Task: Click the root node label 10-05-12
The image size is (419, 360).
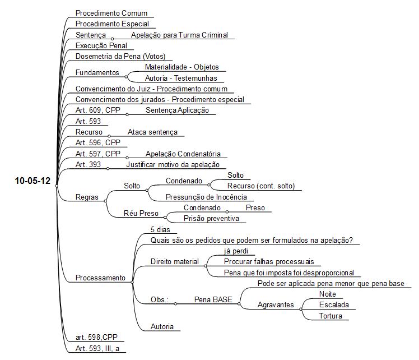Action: [x=32, y=181]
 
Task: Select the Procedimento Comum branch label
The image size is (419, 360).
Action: [x=111, y=13]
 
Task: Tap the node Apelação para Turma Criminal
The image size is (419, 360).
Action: [x=179, y=35]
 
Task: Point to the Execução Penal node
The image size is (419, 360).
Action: [x=101, y=46]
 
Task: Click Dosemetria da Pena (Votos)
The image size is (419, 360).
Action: [x=120, y=57]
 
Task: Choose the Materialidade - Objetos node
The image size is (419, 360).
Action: [x=181, y=67]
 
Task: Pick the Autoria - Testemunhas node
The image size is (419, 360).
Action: [x=181, y=78]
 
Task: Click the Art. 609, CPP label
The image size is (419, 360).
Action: [x=98, y=110]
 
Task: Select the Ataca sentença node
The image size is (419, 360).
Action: [x=152, y=132]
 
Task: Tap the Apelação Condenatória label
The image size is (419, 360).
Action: [x=183, y=154]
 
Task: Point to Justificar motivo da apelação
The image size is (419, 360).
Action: [x=173, y=164]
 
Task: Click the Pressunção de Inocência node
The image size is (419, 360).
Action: [x=206, y=197]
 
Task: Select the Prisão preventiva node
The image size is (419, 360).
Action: [x=211, y=219]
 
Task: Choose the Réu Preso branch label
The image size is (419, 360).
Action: [x=141, y=214]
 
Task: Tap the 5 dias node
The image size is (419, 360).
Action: [x=160, y=229]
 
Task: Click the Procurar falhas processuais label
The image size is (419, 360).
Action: [x=269, y=261]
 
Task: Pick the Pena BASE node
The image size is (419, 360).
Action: [x=213, y=299]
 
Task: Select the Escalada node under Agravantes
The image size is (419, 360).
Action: [x=334, y=305]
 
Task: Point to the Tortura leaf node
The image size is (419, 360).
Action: [x=330, y=316]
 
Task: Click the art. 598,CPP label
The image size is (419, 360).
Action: [x=96, y=337]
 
